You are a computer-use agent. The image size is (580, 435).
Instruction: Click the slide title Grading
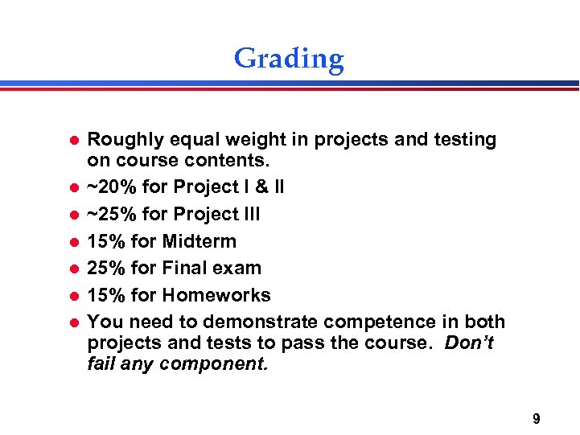point(289,59)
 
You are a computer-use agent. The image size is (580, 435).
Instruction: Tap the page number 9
point(536,418)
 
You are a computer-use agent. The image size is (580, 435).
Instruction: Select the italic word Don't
point(470,343)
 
